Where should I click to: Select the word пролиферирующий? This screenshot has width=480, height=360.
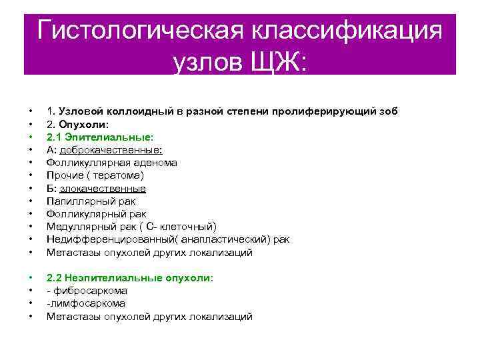(324, 111)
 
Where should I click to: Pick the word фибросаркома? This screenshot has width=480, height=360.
(89, 291)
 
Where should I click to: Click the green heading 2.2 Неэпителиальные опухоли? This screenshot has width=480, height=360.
(129, 278)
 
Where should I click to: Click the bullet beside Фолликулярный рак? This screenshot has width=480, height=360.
(31, 215)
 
